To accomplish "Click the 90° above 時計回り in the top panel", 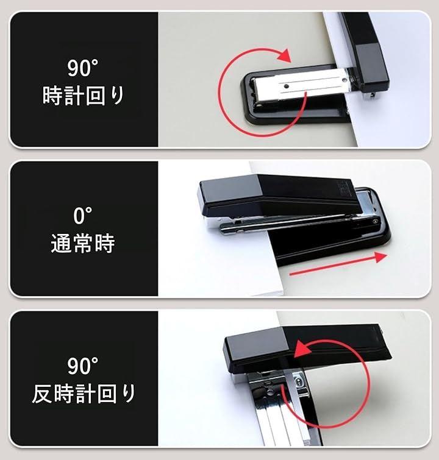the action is click(82, 68).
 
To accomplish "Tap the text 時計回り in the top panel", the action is click(84, 96).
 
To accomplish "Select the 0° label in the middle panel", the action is click(82, 216).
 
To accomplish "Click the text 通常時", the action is click(83, 243).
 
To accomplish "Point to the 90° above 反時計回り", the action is click(82, 366).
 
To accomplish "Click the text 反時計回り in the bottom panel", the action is click(84, 394).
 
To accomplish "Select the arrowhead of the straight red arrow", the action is click(380, 257).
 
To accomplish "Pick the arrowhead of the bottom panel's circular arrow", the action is click(302, 348).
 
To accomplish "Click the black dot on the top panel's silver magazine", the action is click(286, 87).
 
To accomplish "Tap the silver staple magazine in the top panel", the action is click(301, 86).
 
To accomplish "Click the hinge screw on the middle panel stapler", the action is click(375, 222).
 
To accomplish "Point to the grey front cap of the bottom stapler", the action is click(255, 350).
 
